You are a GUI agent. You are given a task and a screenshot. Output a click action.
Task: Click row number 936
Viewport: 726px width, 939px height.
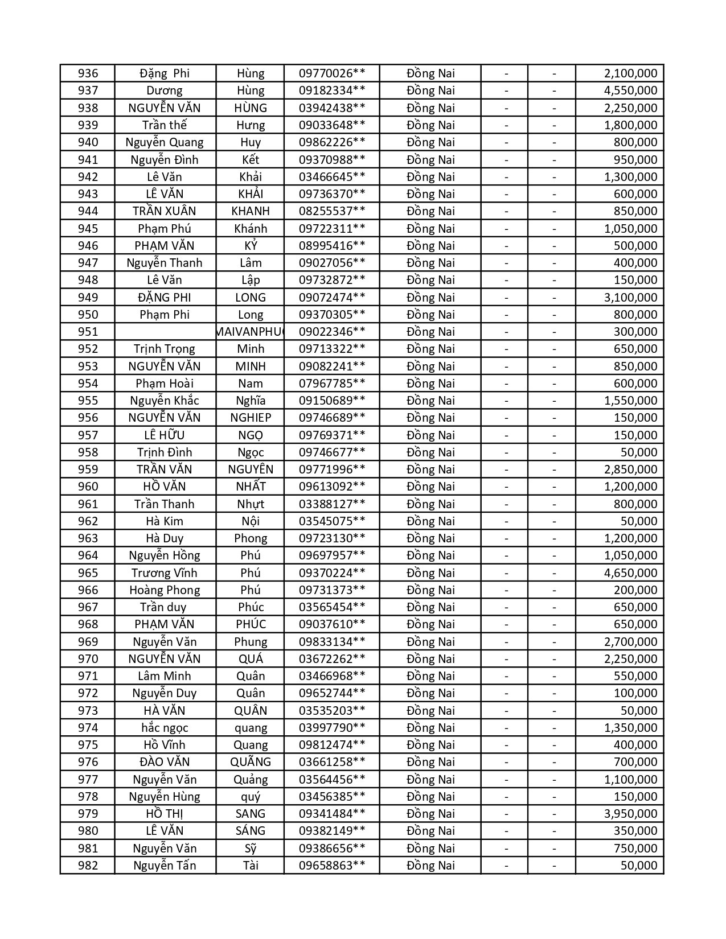88,73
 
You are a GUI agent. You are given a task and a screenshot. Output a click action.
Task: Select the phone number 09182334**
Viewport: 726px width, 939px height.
331,90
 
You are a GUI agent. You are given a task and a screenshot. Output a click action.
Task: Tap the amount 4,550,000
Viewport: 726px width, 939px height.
630,90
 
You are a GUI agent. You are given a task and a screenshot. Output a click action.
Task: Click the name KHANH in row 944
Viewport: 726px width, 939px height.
251,211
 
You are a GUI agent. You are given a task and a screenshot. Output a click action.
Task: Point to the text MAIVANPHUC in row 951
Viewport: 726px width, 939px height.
251,332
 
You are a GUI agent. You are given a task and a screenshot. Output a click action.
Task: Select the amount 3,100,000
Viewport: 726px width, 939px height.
630,297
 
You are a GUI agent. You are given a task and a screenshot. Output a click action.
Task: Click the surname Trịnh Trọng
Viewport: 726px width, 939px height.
165,349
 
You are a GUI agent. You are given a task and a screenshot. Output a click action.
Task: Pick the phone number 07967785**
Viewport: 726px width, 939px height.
331,384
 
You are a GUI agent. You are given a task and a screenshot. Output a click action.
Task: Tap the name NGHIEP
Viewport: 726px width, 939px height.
251,418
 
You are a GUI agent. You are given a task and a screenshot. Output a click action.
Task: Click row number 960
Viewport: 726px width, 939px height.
88,487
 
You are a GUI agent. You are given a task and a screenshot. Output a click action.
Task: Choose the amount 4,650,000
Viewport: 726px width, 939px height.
630,573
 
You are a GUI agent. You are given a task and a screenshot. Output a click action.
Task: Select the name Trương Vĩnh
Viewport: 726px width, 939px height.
165,573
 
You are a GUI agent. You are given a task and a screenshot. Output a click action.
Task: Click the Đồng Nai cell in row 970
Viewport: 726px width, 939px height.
430,659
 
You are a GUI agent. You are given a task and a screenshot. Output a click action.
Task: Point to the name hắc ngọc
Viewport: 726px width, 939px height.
165,728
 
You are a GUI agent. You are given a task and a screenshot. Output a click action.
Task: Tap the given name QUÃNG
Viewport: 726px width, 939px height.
251,762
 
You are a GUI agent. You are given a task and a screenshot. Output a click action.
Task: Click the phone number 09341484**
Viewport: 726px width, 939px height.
331,814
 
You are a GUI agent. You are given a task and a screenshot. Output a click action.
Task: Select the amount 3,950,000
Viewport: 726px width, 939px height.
630,814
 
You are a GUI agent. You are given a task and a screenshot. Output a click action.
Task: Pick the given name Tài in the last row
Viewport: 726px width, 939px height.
251,866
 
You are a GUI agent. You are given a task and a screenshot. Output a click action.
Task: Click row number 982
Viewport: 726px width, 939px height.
88,866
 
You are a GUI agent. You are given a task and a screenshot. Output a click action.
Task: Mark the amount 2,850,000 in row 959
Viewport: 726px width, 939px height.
630,469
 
